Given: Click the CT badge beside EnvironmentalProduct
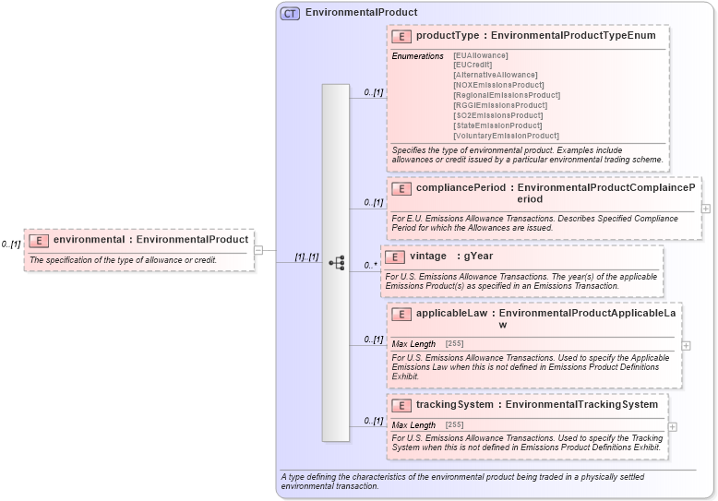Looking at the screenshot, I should (x=290, y=13).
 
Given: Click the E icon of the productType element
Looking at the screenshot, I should (x=401, y=36).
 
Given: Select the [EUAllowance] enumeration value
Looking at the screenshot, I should (x=480, y=55).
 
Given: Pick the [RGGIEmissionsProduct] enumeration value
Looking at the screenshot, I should (x=499, y=105).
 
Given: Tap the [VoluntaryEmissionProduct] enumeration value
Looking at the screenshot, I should (x=506, y=136).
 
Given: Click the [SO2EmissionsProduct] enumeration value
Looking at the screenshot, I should (x=497, y=115).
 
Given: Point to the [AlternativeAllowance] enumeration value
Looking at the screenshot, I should (x=495, y=75).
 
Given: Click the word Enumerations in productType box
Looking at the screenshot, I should (x=417, y=56).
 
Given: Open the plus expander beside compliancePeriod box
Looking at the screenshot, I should (x=706, y=209).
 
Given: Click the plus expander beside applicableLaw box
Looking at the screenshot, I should (x=686, y=345).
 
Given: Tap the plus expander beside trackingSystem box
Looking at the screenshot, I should (x=673, y=426).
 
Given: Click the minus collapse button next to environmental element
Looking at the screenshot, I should (x=258, y=249).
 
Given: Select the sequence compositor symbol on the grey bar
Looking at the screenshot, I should (x=336, y=262).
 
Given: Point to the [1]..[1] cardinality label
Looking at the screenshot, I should (x=306, y=257).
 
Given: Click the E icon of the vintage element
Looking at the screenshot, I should (x=394, y=256).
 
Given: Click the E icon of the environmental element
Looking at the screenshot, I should (x=39, y=240).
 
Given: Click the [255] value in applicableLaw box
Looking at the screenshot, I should (x=454, y=344).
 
